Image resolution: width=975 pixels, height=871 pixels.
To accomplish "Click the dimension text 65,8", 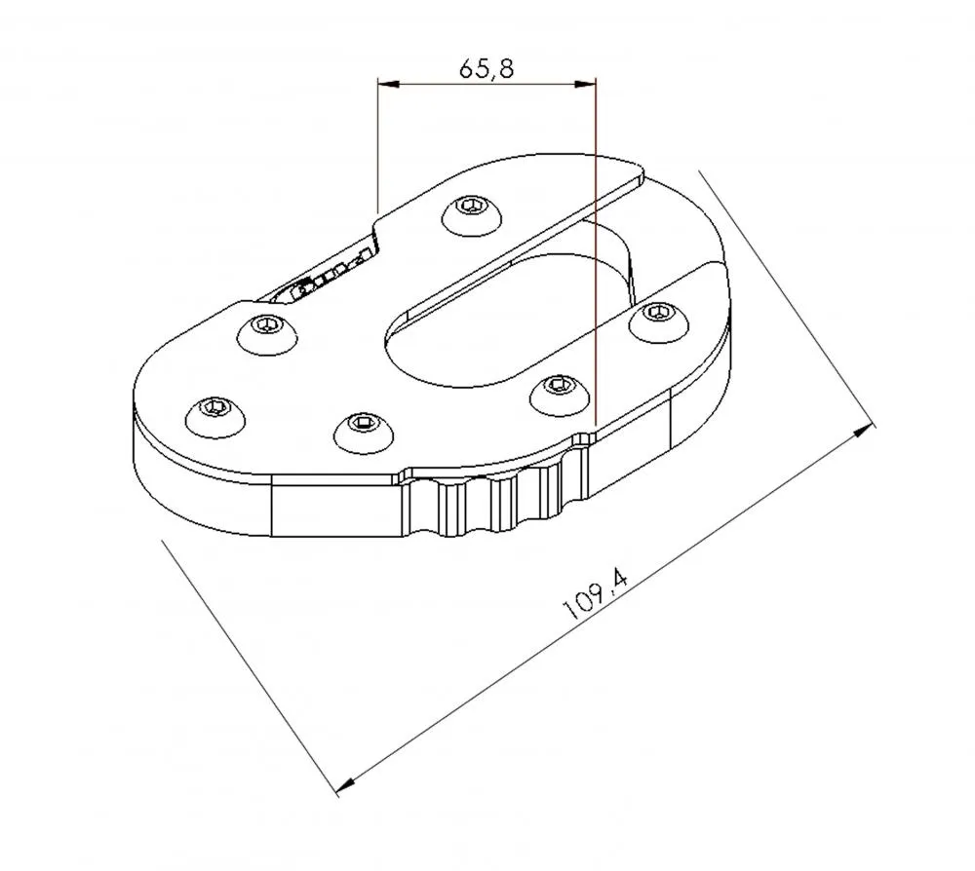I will click(485, 68).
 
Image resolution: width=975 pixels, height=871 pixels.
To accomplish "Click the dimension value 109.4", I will click(594, 594).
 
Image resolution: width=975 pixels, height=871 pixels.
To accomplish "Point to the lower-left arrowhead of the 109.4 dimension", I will click(344, 785).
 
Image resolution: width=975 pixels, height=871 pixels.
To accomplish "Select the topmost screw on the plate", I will click(473, 213).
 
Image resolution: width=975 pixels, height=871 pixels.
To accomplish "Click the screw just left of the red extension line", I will click(557, 390).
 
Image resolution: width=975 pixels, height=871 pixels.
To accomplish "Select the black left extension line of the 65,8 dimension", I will click(377, 146).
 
